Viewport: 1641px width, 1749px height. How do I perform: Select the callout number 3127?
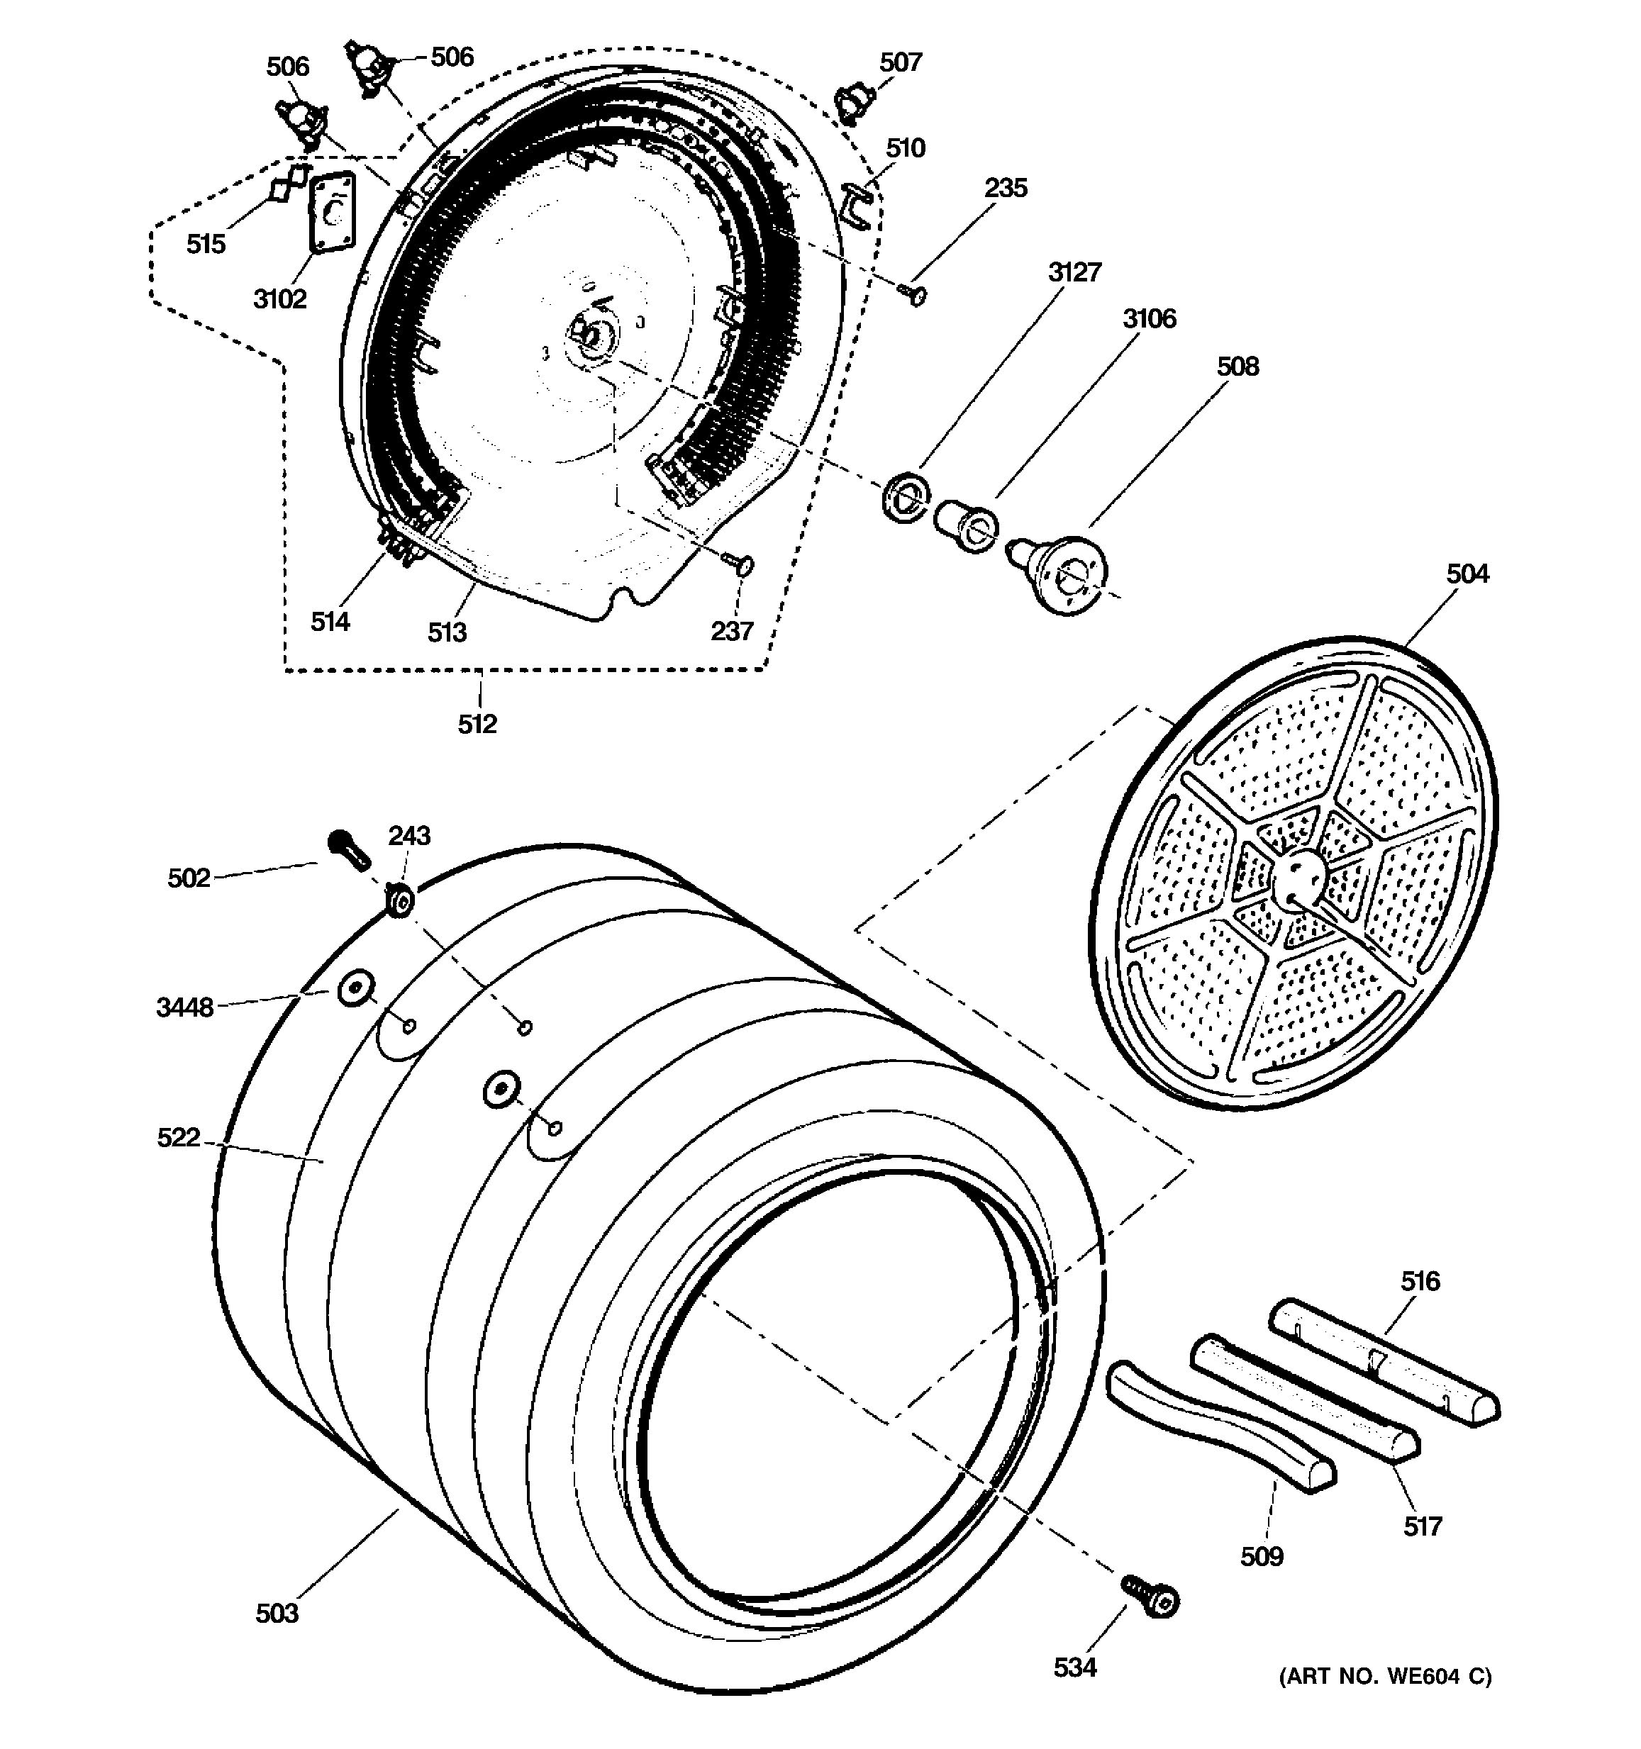pos(1074,272)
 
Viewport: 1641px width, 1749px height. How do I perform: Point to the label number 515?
pos(206,244)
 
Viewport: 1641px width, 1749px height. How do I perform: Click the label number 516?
pos(1420,1280)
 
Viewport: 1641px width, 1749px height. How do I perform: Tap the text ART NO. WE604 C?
pos(1385,1677)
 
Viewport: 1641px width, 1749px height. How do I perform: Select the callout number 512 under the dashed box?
pos(477,724)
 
